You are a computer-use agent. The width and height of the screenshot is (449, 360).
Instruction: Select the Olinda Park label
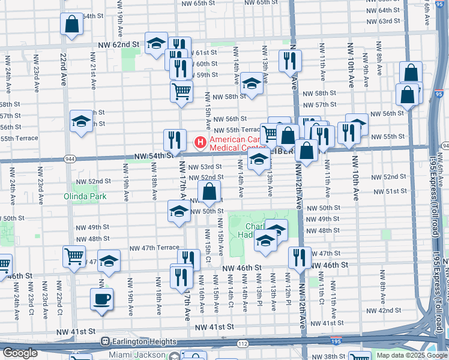(85, 196)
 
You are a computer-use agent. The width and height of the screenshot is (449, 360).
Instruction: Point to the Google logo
(19, 353)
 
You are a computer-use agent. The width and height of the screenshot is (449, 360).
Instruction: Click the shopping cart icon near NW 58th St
(181, 92)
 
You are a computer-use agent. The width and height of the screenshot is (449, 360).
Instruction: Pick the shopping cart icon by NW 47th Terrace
(74, 256)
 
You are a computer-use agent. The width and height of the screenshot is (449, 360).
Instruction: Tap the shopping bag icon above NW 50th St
(209, 193)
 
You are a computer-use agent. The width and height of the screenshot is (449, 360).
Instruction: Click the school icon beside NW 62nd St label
(156, 43)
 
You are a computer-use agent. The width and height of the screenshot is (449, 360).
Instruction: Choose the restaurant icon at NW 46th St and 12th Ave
(300, 257)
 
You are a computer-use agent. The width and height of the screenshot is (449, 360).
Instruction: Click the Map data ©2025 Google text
(411, 355)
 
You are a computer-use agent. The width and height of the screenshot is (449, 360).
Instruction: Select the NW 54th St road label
(149, 156)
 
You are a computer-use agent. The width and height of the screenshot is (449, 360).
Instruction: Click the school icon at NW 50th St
(179, 211)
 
